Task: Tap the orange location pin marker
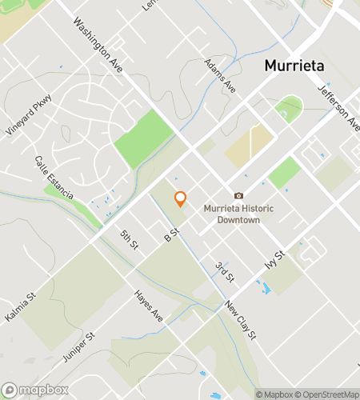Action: click(180, 198)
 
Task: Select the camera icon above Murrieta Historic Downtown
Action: click(238, 196)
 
